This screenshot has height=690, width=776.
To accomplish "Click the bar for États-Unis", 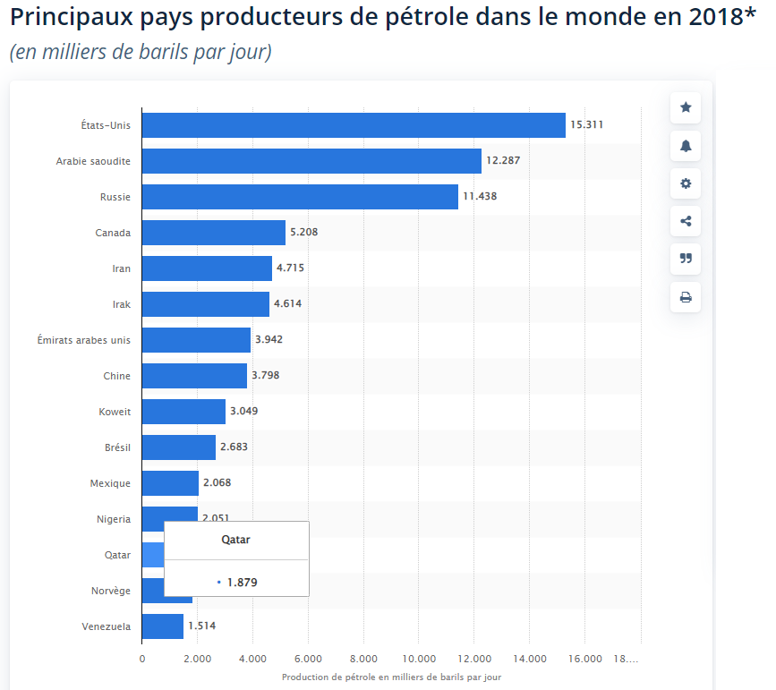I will click(x=354, y=125).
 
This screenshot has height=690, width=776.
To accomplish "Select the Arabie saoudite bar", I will click(x=311, y=161).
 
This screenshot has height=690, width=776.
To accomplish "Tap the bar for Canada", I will click(x=213, y=233).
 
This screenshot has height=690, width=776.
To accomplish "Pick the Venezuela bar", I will click(x=162, y=626).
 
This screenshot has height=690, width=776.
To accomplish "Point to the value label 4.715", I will click(x=290, y=268).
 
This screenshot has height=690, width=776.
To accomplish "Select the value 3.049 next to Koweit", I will click(x=243, y=412).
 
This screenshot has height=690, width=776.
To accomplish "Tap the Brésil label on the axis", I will click(x=117, y=447).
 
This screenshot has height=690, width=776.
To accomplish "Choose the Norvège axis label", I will click(x=111, y=591).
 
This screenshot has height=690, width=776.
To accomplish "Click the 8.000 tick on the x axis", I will click(x=363, y=659).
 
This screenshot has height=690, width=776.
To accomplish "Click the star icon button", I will click(x=686, y=107).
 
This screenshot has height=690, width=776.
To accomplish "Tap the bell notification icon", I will click(x=686, y=146).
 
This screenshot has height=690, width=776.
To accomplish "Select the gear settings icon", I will click(x=686, y=183).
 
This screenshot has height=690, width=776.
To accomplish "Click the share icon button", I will click(x=686, y=221).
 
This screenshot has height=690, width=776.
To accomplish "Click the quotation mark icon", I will click(x=686, y=259).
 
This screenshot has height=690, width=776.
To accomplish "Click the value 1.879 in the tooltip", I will click(x=243, y=582).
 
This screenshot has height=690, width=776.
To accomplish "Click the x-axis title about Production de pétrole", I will click(x=391, y=677).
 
